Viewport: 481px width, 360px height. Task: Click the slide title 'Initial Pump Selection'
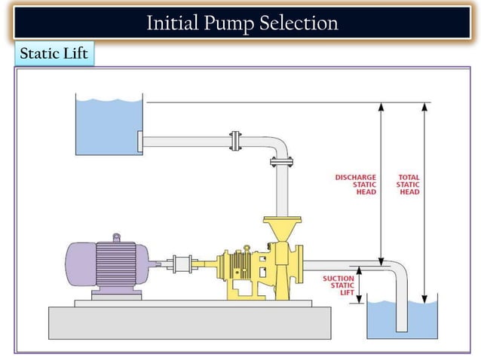[x=241, y=23]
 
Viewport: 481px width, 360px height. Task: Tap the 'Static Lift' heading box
[x=54, y=54]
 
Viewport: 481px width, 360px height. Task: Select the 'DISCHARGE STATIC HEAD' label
[x=356, y=185]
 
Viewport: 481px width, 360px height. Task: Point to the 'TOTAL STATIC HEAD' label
[x=409, y=185]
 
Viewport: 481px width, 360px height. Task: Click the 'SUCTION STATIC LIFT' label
[x=338, y=285]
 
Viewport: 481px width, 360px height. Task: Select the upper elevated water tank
[x=109, y=124]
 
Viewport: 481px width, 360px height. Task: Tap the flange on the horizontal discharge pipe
[x=235, y=141]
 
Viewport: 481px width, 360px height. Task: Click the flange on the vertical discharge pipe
[x=281, y=161]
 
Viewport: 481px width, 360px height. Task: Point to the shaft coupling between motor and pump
[x=182, y=265]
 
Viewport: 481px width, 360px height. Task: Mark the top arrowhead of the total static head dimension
[x=425, y=108]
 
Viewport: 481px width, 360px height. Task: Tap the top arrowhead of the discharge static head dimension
[x=381, y=108]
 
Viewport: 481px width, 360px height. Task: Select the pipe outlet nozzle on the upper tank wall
[x=140, y=141]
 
